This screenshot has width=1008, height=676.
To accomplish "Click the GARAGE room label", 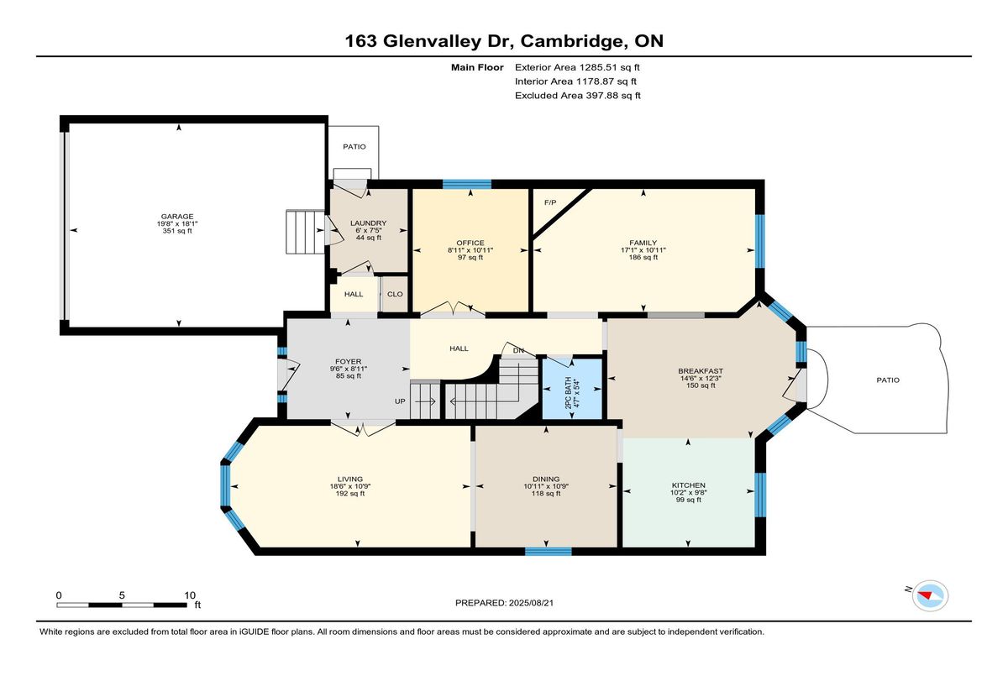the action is coord(177,217).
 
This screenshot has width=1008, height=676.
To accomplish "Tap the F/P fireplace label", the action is coord(550,202).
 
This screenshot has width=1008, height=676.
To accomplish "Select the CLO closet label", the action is coord(395,294).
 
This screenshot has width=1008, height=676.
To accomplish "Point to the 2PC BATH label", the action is coord(568,393).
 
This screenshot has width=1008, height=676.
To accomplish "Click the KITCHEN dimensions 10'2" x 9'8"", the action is coord(688,492).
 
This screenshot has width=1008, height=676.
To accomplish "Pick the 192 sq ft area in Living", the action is coord(350,494).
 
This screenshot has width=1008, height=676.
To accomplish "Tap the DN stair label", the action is coord(518,350).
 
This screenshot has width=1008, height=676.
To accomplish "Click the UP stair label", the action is coord(400,401).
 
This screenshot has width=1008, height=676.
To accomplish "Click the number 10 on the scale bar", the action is coord(190,595).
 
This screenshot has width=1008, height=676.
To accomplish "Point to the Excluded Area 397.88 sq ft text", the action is coord(577,96).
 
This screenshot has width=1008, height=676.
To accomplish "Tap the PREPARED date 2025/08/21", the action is coord(531,603).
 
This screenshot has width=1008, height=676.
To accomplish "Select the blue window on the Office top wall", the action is coord(467,184).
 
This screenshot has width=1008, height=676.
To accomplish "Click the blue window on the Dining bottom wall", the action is coord(548,552).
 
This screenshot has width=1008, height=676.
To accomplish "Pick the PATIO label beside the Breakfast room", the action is coord(888,380).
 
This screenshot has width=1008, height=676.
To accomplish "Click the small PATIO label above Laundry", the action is coord(354,147).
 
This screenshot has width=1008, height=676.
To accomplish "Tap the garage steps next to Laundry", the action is coord(305,232).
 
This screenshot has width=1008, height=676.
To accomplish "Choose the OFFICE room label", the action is coord(470,243).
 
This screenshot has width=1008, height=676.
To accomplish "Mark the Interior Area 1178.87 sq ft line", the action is coord(575,81).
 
